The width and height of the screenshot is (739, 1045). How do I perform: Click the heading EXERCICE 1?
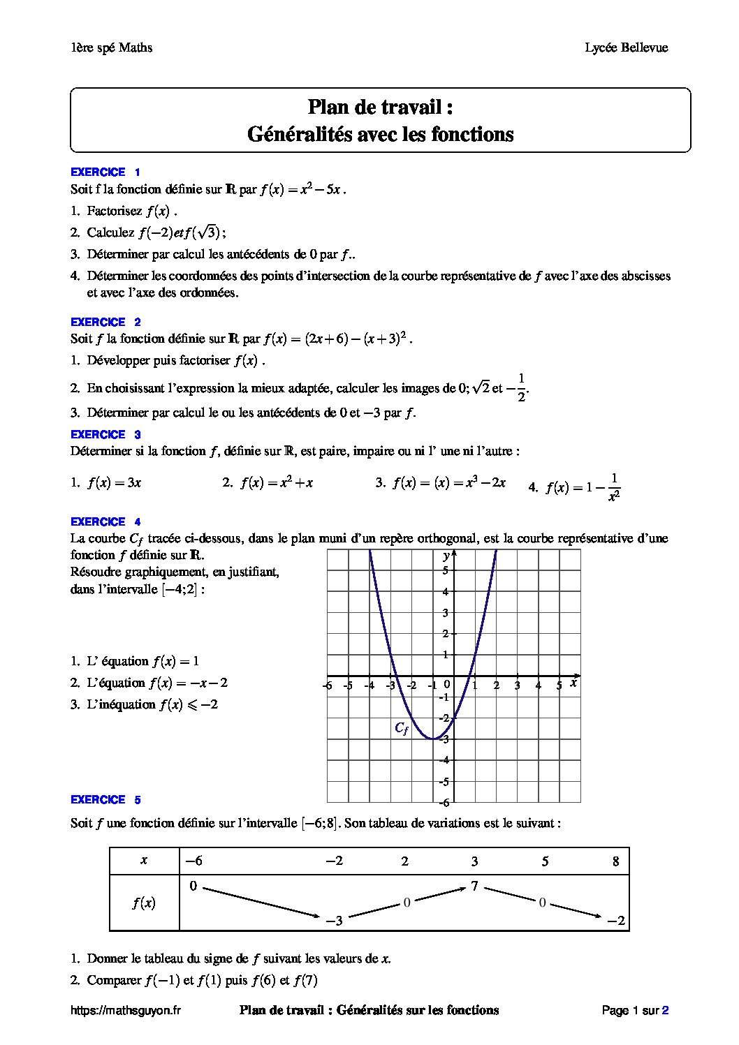105,172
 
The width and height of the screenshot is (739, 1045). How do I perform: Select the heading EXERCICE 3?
105,434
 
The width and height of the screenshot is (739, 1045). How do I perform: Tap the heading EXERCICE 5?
105,799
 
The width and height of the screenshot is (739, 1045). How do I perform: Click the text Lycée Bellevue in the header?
627,47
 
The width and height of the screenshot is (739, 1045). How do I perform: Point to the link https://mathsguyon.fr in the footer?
126,1009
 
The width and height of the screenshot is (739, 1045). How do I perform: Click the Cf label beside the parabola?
401,727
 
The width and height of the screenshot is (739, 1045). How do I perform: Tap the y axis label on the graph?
446,556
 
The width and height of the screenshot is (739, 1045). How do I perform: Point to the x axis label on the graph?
573,683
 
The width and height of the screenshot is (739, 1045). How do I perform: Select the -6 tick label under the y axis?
444,803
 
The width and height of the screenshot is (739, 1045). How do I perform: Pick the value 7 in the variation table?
474,887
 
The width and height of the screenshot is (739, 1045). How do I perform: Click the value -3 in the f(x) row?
335,921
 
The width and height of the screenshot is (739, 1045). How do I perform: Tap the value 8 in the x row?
615,861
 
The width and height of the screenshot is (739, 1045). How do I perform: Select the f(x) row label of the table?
144,903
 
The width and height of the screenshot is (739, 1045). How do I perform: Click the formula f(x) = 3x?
114,483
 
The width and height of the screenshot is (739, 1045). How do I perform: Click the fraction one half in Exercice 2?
520,387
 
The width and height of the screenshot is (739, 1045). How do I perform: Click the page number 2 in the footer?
665,1009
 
